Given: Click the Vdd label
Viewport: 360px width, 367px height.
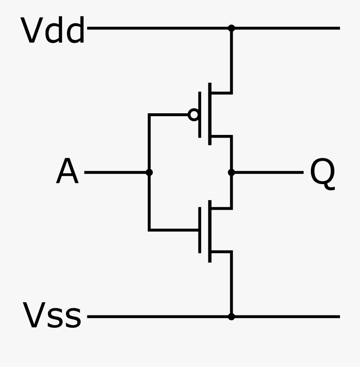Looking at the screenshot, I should point(53,31).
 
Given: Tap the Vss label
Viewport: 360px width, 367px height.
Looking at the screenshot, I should point(52,316).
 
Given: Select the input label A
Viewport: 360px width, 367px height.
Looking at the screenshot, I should point(67,172).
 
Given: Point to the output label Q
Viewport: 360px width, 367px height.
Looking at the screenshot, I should point(322,173).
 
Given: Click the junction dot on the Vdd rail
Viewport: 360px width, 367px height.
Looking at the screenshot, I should point(231,28).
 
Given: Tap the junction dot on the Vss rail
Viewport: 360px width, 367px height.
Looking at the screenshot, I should point(231,317).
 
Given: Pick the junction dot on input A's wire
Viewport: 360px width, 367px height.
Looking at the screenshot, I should point(149,172).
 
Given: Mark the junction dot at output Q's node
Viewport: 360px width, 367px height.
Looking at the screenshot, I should point(231,172).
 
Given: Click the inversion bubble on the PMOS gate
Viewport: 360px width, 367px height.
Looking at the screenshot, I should point(194,115).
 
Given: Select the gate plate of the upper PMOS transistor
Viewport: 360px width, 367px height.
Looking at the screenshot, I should point(200,115).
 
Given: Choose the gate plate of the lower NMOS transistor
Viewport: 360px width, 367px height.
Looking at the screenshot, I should point(200,230).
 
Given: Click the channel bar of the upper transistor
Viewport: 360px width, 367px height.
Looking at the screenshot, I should point(210,114).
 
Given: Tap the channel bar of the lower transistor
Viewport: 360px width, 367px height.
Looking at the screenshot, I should point(210,231).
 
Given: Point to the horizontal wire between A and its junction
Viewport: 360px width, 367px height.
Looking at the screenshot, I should point(116,172).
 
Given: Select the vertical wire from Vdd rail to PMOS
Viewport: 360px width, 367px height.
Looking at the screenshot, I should point(231,60).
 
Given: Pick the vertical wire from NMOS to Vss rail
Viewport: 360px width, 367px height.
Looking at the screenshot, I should point(231,284).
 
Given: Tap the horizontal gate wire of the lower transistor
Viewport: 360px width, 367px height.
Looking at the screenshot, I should point(174,230).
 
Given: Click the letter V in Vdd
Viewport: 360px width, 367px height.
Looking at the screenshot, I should point(31,31).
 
